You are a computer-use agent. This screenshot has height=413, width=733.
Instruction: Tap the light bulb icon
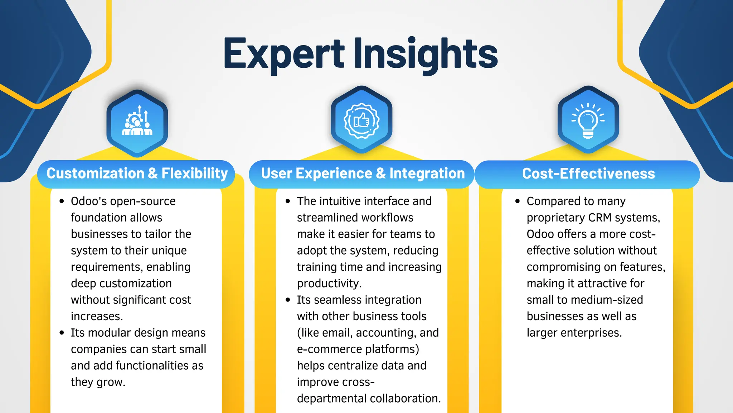coord(588,120)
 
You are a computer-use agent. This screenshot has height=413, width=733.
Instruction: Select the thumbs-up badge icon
coord(361,120)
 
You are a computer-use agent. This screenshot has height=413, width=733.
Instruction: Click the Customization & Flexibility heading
coord(137,174)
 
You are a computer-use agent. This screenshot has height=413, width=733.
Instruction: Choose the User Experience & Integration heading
coord(363,174)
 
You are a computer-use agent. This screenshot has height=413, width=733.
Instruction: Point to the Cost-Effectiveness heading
coord(588,174)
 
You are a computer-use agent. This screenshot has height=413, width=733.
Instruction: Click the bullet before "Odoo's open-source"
coord(62,201)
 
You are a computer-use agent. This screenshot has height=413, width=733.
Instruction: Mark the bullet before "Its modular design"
coord(62,333)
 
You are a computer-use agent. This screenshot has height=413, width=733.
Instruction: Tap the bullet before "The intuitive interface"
coord(288,201)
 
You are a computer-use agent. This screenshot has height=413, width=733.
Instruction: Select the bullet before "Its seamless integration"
coord(288,300)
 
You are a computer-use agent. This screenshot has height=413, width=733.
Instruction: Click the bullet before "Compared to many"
coord(518,201)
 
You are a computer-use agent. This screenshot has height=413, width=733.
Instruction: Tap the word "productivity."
coord(329,284)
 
